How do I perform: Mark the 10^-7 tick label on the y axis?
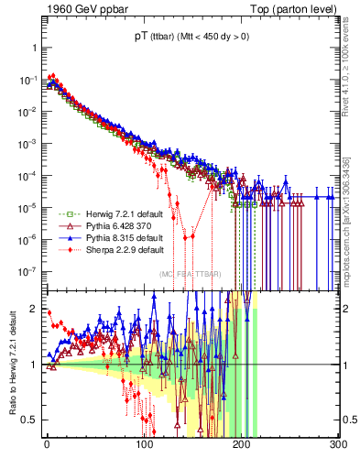click(29, 271)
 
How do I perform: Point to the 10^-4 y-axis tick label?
click(29, 176)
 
